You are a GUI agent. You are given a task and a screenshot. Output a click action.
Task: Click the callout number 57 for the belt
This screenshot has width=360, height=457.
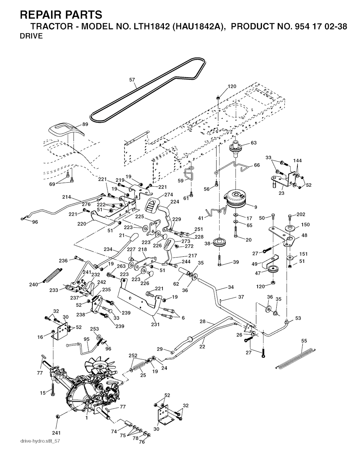132,80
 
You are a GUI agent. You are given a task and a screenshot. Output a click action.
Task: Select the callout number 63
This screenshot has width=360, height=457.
253,143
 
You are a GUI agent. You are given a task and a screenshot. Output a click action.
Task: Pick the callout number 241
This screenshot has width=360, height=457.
57,432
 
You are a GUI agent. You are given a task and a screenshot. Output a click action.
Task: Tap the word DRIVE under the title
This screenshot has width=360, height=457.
31,36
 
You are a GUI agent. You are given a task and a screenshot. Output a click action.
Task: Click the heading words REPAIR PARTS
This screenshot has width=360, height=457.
61,15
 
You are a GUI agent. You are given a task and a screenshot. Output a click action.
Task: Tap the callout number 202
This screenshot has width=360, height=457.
301,214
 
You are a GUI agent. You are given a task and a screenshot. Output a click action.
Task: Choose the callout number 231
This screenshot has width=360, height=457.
155,324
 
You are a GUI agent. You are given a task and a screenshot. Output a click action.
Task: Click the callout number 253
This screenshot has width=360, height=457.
94,329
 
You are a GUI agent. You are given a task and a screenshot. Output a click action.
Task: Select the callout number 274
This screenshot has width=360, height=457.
169,195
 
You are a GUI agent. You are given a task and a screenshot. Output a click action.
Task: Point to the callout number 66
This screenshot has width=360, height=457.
257,165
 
